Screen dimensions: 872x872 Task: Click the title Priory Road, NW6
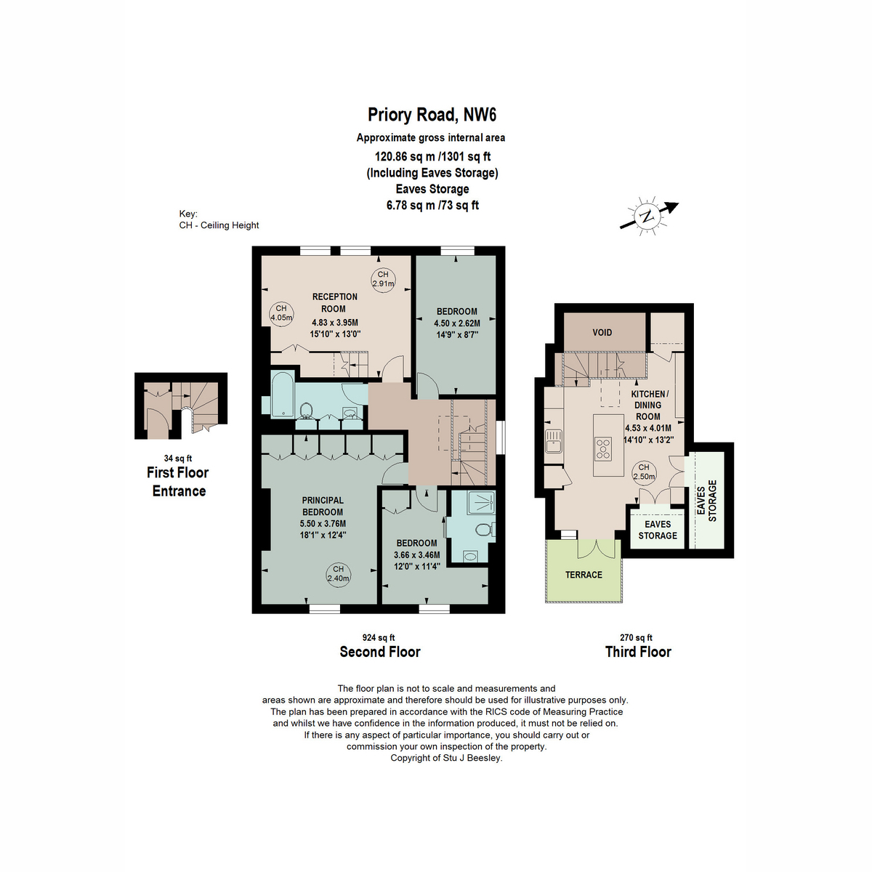click(x=432, y=115)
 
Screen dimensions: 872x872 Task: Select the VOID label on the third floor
click(x=602, y=333)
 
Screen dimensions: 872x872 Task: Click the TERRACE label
click(x=584, y=575)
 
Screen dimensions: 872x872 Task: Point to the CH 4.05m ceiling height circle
click(x=281, y=313)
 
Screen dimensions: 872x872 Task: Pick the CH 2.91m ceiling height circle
click(x=383, y=279)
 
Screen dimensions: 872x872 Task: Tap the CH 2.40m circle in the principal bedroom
click(x=339, y=574)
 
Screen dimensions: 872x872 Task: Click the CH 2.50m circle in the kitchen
click(x=644, y=472)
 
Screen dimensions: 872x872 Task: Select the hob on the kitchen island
click(x=602, y=449)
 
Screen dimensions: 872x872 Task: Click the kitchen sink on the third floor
click(x=554, y=441)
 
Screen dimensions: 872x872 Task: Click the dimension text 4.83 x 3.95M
click(x=335, y=323)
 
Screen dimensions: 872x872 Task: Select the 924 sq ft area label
click(x=379, y=637)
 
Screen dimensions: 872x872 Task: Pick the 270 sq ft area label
click(x=636, y=637)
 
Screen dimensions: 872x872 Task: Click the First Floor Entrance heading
click(x=178, y=482)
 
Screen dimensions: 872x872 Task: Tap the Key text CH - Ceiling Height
click(x=219, y=225)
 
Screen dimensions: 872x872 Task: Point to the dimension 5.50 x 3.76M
click(x=323, y=523)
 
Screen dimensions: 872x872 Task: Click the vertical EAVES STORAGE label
click(x=706, y=501)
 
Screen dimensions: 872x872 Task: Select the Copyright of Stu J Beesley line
click(x=446, y=758)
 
